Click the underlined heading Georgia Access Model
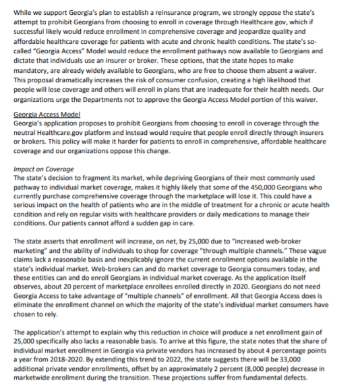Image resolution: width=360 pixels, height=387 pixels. (47, 115)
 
